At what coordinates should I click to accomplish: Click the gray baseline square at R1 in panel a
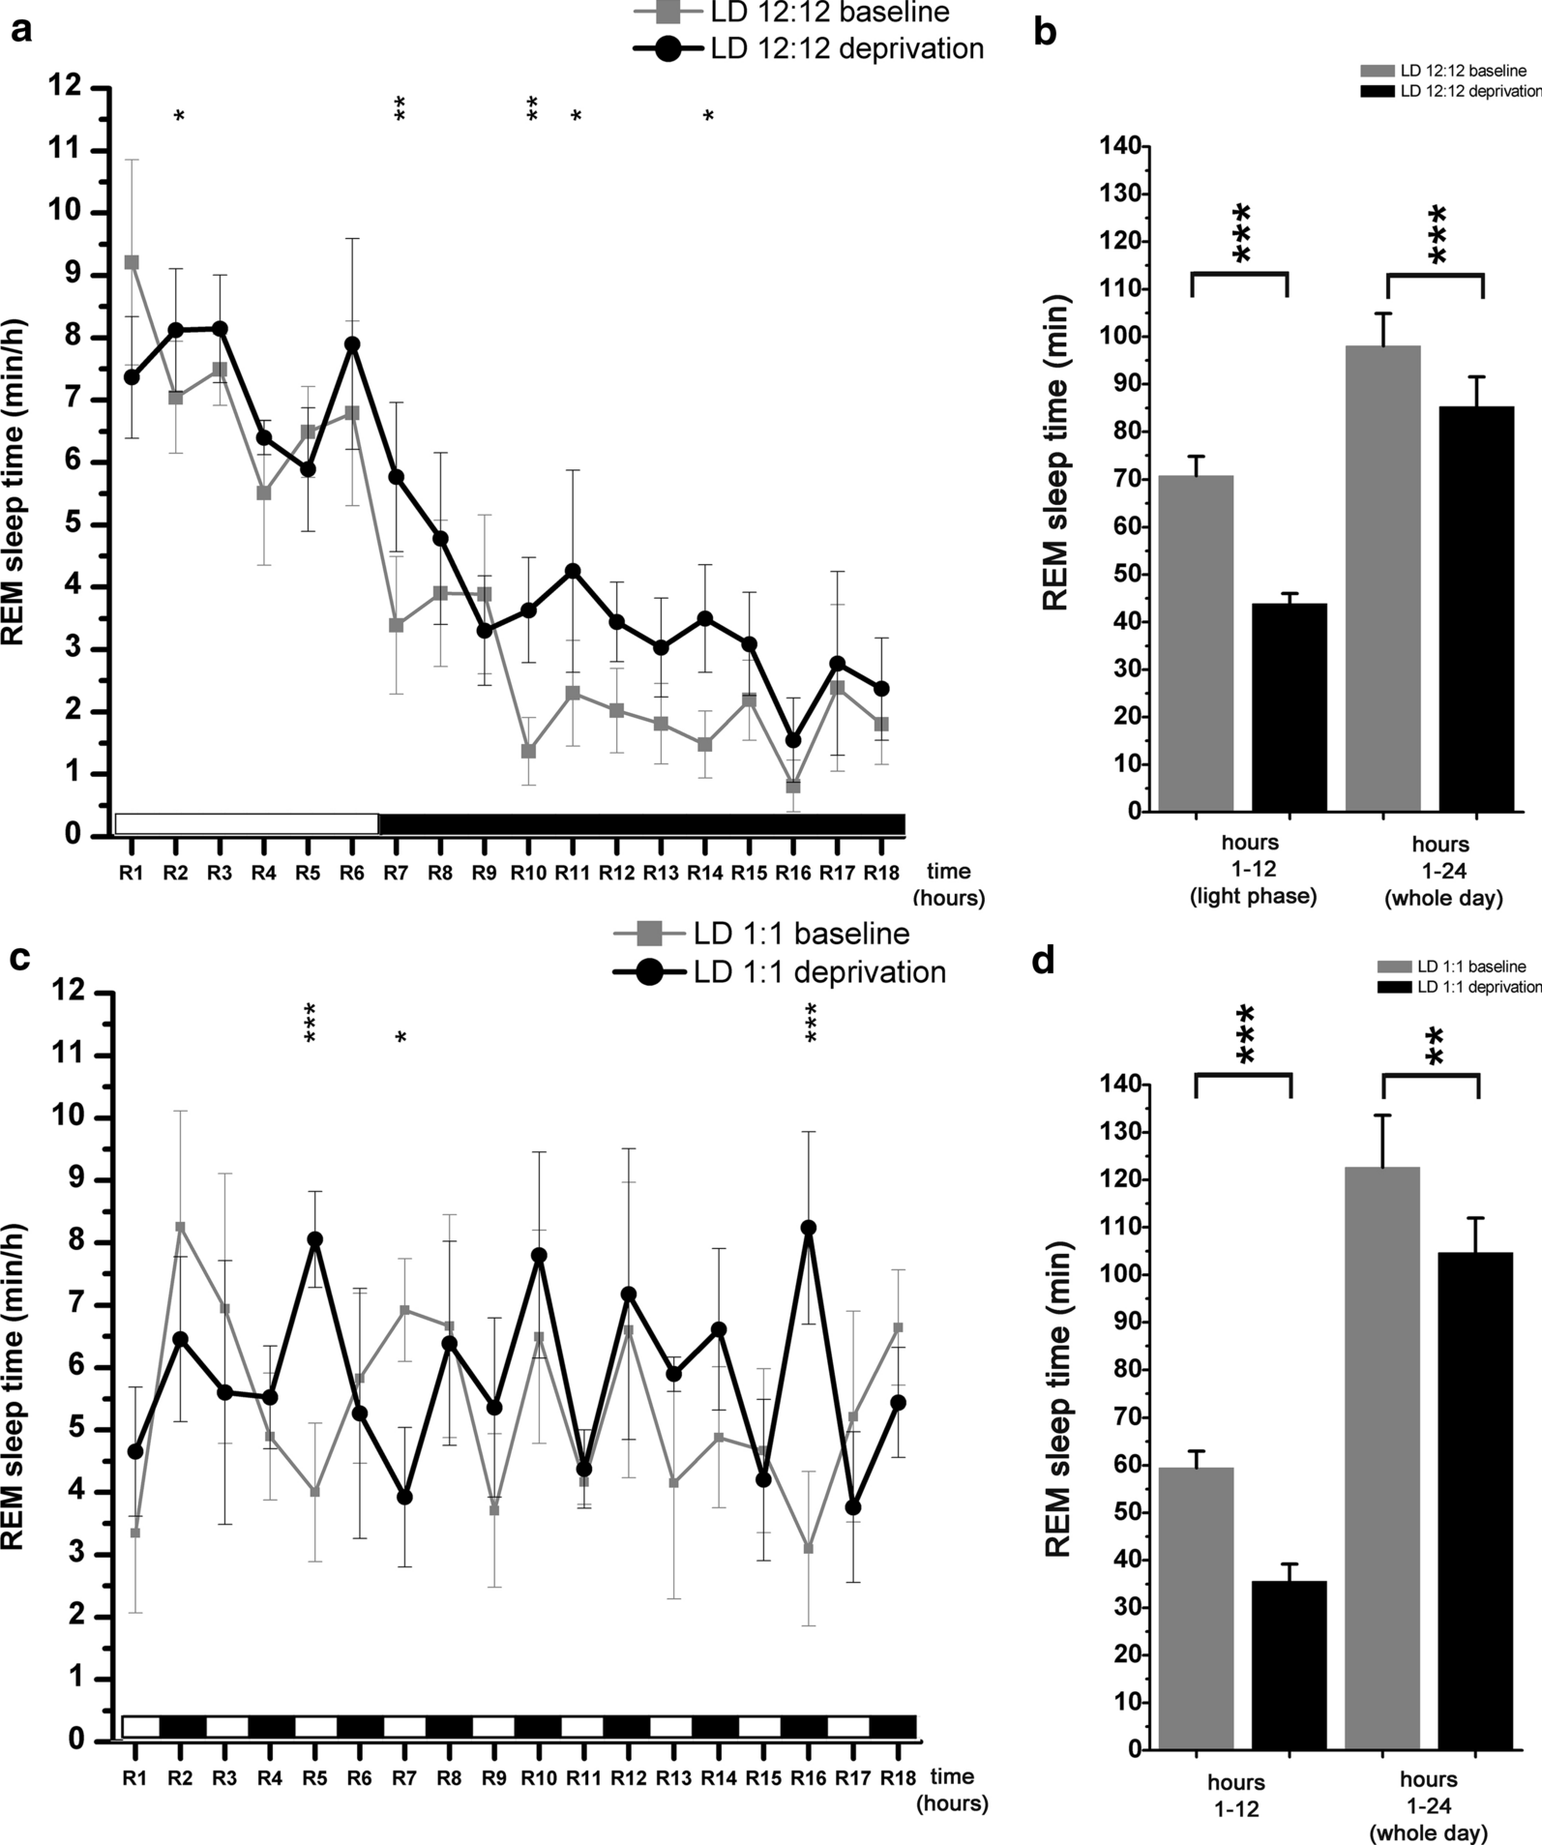pyautogui.click(x=132, y=262)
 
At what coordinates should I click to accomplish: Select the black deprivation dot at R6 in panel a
pyautogui.click(x=353, y=344)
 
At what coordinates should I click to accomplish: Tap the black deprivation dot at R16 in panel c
pyautogui.click(x=809, y=1228)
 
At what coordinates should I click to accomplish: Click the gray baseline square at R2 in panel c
pyautogui.click(x=180, y=1227)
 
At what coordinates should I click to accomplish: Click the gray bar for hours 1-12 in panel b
pyautogui.click(x=1197, y=642)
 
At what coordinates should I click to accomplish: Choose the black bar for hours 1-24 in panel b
pyautogui.click(x=1477, y=609)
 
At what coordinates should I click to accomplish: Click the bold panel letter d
pyautogui.click(x=1044, y=963)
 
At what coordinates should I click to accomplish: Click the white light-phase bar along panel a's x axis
pyautogui.click(x=247, y=823)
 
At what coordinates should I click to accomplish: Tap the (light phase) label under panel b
pyautogui.click(x=1253, y=896)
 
